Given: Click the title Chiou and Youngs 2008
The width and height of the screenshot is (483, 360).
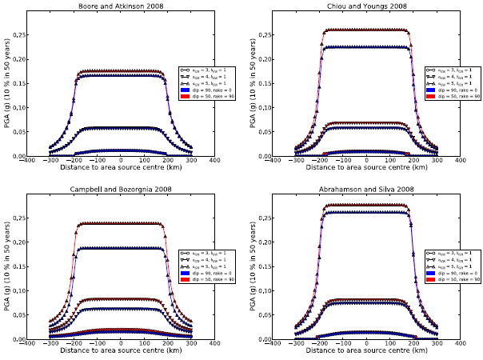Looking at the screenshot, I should point(365,6).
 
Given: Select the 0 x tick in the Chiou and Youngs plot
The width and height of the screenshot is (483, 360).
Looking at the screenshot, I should point(365,161).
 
